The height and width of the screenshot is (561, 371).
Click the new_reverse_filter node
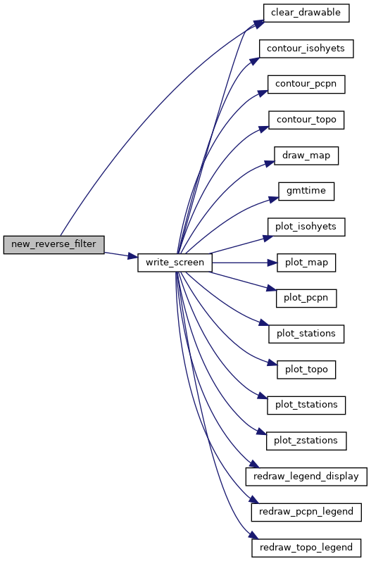(54, 245)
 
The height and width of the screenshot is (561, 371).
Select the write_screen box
(175, 263)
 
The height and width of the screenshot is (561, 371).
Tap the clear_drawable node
(306, 13)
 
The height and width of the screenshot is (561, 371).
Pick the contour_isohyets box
(306, 49)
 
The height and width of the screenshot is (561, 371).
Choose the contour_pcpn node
(306, 84)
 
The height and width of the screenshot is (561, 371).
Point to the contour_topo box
(306, 120)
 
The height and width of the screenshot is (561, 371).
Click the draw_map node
(306, 156)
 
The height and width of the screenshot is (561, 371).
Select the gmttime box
(306, 191)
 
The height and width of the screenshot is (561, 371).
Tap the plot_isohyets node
(306, 227)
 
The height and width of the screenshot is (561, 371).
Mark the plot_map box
(306, 263)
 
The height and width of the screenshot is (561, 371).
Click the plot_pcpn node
(306, 298)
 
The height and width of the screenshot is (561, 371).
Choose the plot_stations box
(306, 334)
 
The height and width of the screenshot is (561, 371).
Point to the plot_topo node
(306, 370)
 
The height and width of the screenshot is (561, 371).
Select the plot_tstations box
(306, 405)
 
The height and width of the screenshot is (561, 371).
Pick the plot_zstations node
(306, 441)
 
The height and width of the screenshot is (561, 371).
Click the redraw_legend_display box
(306, 477)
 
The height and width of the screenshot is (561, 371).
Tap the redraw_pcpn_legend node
(306, 512)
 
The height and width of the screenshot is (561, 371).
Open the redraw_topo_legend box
(306, 548)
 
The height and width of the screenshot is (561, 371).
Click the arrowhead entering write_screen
(133, 256)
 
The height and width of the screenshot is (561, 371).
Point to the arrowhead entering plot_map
(272, 263)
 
